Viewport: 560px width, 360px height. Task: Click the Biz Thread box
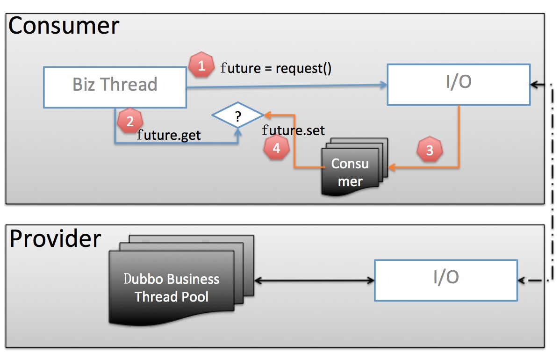pyautogui.click(x=115, y=85)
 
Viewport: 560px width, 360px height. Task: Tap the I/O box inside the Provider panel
pyautogui.click(x=446, y=280)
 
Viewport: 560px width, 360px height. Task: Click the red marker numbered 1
pyautogui.click(x=201, y=65)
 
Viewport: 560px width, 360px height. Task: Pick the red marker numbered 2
pyautogui.click(x=129, y=122)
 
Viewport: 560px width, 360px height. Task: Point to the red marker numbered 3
pyautogui.click(x=429, y=150)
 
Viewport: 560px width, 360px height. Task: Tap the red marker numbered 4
pyautogui.click(x=276, y=148)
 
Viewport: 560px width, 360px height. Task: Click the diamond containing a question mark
pyautogui.click(x=237, y=115)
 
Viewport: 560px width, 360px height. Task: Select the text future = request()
pyautogui.click(x=276, y=68)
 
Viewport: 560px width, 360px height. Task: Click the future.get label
pyautogui.click(x=169, y=136)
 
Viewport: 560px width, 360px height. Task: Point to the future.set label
pyautogui.click(x=293, y=130)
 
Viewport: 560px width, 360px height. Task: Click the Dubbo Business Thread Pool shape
pyautogui.click(x=172, y=287)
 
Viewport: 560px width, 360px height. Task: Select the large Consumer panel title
pyautogui.click(x=64, y=26)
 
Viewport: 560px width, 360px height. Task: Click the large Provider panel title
pyautogui.click(x=55, y=238)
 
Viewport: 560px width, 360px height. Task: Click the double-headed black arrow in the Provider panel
pyautogui.click(x=314, y=281)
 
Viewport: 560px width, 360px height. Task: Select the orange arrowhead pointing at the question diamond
pyautogui.click(x=267, y=114)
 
